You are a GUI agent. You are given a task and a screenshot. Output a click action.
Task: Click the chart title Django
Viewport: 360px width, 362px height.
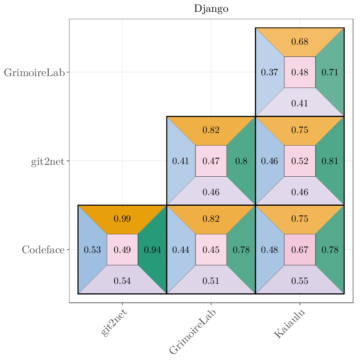point(211,9)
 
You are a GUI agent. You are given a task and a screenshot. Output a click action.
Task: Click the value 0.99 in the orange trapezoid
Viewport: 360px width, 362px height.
point(122,219)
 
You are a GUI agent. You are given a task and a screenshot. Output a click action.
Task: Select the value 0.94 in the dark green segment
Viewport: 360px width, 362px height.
point(153,250)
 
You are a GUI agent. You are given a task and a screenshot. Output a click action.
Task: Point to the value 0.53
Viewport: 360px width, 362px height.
point(92,250)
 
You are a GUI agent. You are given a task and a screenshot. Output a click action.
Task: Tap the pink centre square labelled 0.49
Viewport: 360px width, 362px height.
point(122,250)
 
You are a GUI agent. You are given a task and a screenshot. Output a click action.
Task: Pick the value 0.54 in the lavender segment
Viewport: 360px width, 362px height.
point(122,281)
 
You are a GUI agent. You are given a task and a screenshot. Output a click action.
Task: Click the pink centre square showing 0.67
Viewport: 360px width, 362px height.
point(300,250)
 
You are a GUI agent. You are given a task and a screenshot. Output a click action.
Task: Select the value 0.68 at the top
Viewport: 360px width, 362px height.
point(300,42)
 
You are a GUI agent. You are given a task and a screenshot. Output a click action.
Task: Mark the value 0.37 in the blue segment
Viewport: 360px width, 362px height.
point(270,72)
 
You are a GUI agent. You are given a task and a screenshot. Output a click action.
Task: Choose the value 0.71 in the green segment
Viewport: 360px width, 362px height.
point(330,72)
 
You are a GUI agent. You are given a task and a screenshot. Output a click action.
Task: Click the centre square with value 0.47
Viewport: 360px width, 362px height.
point(211,161)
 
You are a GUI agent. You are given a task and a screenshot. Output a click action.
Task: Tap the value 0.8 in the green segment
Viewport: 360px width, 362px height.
point(241,161)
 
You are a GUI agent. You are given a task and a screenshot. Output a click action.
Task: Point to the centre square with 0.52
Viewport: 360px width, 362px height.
point(300,161)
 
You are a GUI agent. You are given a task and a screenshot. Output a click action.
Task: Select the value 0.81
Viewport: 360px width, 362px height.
point(330,161)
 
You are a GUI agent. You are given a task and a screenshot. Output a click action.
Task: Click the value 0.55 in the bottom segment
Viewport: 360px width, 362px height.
point(300,281)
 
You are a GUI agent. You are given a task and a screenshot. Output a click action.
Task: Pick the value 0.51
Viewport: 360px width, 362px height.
point(211,281)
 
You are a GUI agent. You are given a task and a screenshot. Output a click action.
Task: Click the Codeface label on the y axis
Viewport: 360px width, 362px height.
point(43,250)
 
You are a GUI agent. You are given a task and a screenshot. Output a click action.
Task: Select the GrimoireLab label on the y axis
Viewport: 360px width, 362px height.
point(34,73)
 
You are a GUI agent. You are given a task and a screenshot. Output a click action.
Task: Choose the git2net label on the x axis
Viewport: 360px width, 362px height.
point(114,323)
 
